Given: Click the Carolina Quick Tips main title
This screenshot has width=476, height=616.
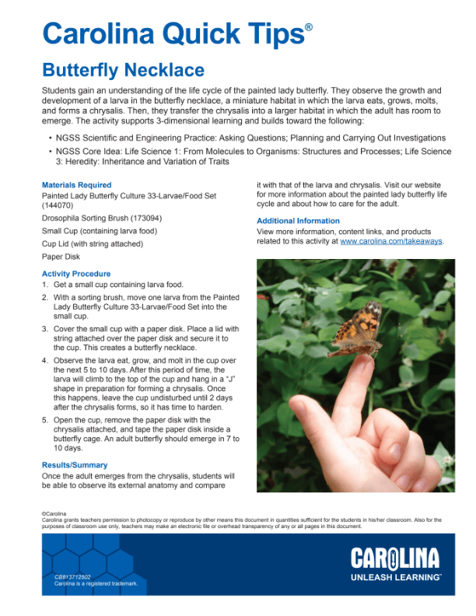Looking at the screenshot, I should coord(172,33).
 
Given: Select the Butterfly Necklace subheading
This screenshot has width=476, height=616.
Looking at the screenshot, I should coord(123,71).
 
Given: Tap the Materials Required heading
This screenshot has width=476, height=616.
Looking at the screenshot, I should coord(76,185).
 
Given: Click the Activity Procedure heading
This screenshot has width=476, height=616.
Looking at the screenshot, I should coord(76,274).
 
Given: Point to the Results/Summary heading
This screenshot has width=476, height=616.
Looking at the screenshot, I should coord(75,465).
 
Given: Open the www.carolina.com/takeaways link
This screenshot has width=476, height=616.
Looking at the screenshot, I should coord(390,241).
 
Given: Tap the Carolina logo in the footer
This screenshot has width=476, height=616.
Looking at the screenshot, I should coord(394,558).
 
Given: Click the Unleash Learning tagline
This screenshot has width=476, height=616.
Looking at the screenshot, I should coord(394,577).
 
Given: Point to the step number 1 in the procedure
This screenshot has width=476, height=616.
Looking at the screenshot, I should coord(45,285).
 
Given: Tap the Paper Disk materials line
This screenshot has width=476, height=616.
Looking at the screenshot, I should coord(61,256).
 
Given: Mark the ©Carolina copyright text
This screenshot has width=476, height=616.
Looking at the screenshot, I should coord(54,514).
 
